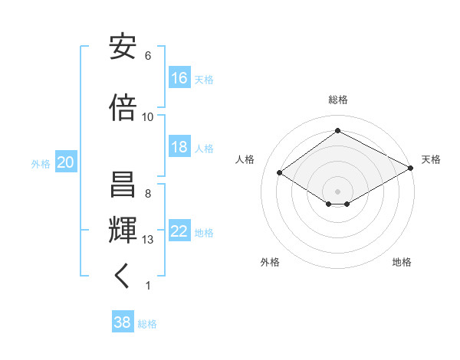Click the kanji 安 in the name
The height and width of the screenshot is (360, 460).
pos(123,47)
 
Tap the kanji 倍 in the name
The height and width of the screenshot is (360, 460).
pos(123,108)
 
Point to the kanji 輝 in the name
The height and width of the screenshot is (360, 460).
pos(123,229)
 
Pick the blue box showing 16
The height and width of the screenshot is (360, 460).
pos(179,78)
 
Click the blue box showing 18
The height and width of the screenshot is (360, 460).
pos(179,147)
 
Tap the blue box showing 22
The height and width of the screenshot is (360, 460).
pos(179,232)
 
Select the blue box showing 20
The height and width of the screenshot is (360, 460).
pos(66,162)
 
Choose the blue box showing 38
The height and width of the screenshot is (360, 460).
pos(123,323)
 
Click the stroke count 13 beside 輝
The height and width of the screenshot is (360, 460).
pos(148,240)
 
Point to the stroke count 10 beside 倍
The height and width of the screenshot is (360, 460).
pos(148,116)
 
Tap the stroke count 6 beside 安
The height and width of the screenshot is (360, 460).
pos(148,56)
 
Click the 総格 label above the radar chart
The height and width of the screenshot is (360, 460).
pos(338,100)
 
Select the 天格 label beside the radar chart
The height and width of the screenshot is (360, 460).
pos(431,159)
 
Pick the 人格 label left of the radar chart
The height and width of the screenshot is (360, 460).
pos(245,159)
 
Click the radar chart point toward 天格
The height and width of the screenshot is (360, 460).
pos(411,169)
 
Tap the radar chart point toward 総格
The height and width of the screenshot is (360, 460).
pos(337,131)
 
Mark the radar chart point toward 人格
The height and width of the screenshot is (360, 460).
pos(280,173)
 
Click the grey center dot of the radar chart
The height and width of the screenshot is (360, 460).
pos(337,191)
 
